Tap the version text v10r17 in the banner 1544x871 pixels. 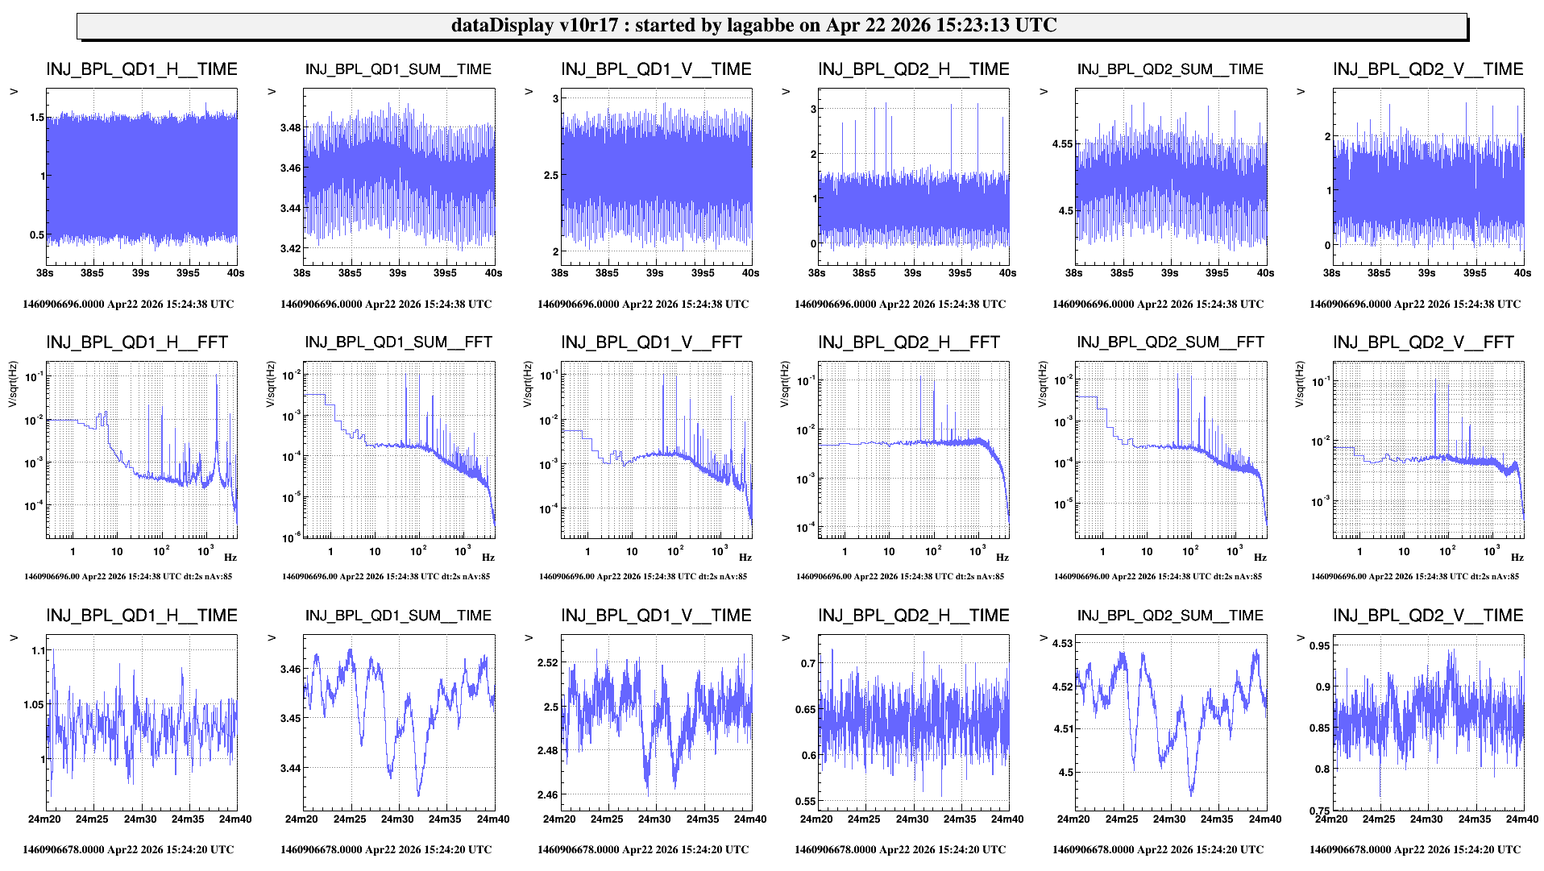pyautogui.click(x=587, y=25)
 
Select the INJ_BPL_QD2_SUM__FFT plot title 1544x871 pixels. pyautogui.click(x=1170, y=342)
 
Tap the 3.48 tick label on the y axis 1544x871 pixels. pyautogui.click(x=290, y=128)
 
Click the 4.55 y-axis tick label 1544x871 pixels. pyautogui.click(x=1062, y=144)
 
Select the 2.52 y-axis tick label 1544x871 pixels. pyautogui.click(x=547, y=663)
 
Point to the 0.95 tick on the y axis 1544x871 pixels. pyautogui.click(x=1319, y=646)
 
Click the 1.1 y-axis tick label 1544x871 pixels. pyautogui.click(x=37, y=651)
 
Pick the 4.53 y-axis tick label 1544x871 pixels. pyautogui.click(x=1062, y=644)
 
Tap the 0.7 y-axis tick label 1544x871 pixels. pyautogui.click(x=807, y=664)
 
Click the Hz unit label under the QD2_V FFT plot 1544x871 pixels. pyautogui.click(x=1517, y=558)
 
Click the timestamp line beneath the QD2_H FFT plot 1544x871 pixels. pyautogui.click(x=899, y=577)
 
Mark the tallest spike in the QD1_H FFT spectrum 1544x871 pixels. pyautogui.click(x=216, y=376)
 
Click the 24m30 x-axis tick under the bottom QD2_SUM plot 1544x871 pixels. pyautogui.click(x=1168, y=819)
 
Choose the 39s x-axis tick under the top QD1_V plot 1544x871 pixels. pyautogui.click(x=654, y=273)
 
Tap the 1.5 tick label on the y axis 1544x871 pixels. pyautogui.click(x=37, y=118)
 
